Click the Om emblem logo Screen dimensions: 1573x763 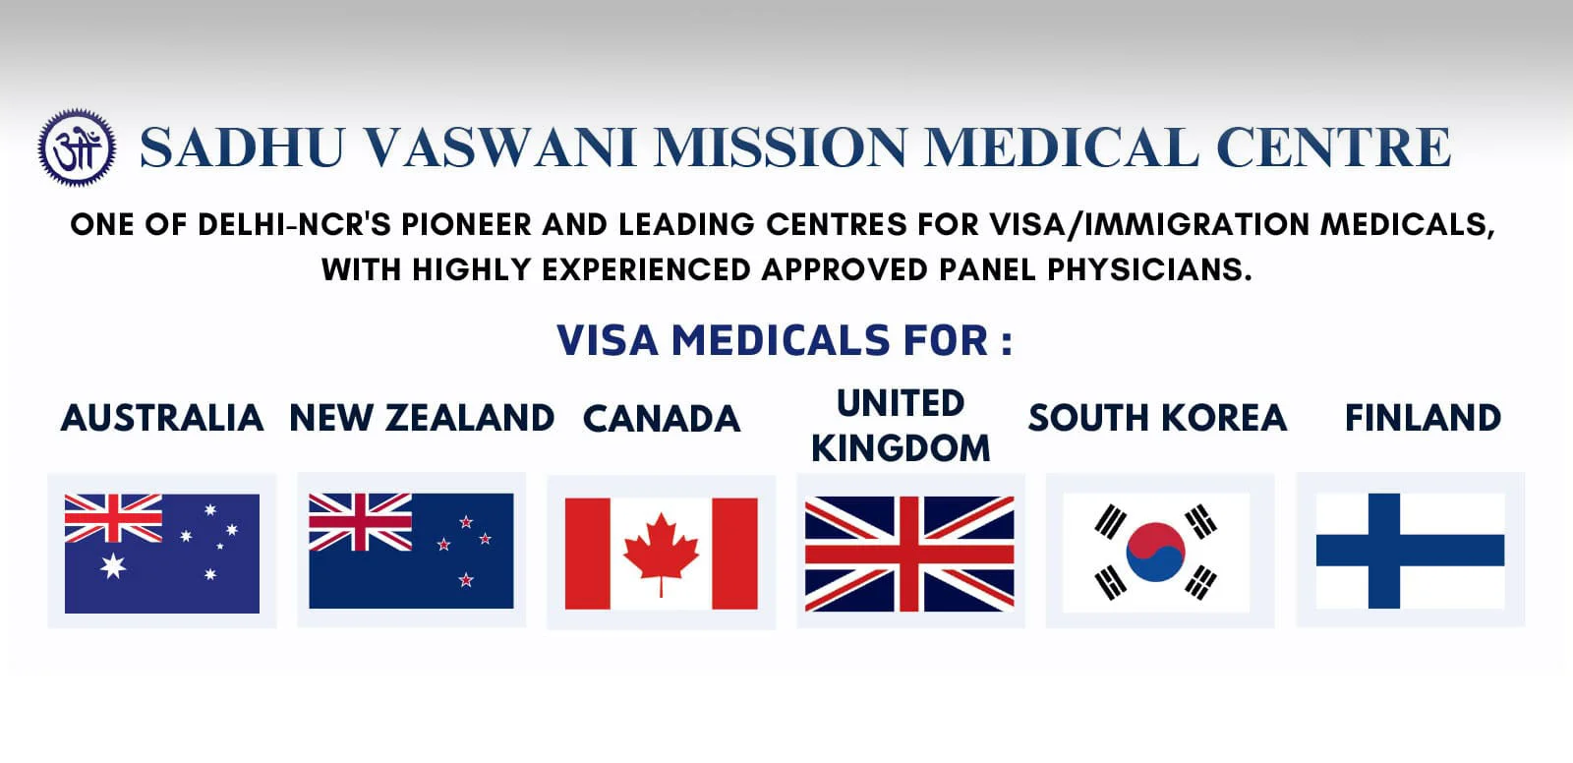(x=78, y=147)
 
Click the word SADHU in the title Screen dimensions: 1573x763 (x=242, y=147)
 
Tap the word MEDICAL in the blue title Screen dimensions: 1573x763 (x=1061, y=147)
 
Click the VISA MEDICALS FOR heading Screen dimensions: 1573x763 (x=786, y=341)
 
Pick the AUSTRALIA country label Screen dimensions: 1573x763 (x=162, y=418)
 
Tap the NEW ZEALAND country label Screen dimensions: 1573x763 (x=422, y=418)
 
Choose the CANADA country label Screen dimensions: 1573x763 (x=662, y=420)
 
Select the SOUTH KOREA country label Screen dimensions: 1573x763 (x=1158, y=418)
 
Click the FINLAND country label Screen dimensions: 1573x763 (x=1424, y=418)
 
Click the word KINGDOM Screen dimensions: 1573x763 (x=901, y=448)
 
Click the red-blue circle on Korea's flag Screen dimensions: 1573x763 (x=1155, y=552)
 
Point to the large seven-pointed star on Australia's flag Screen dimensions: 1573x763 (x=113, y=565)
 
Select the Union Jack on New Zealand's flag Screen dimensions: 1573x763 (x=360, y=522)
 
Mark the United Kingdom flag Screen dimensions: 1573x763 (x=909, y=554)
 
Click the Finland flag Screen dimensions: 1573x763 (x=1410, y=551)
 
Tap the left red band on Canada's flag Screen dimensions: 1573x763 (x=588, y=554)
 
